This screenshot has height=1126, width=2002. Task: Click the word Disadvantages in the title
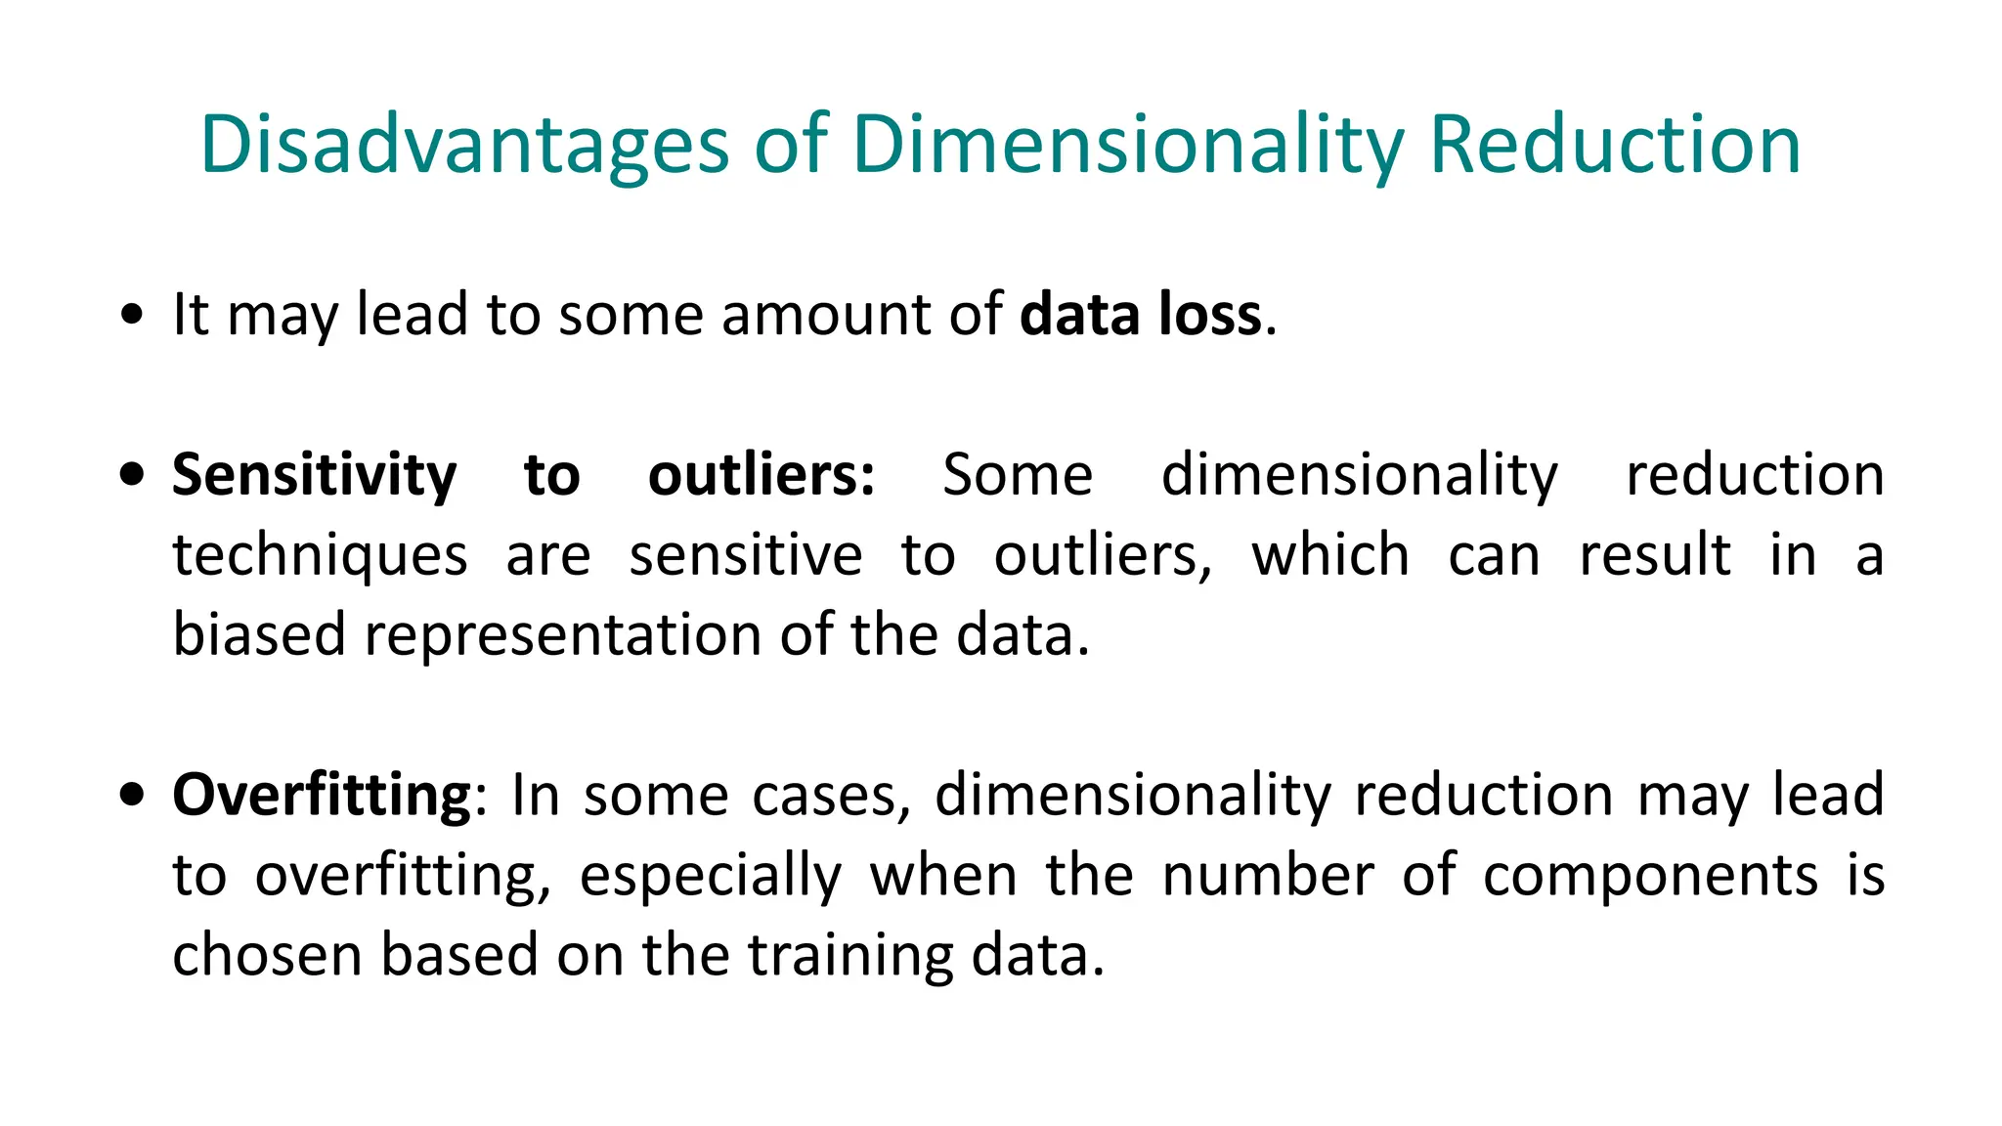click(x=463, y=145)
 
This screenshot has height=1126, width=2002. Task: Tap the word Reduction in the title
click(x=1615, y=145)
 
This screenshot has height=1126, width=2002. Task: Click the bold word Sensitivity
click(x=314, y=476)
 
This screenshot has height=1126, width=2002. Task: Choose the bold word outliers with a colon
click(x=762, y=476)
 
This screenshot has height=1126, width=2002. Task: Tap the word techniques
click(x=320, y=556)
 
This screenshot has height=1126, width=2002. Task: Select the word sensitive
click(x=745, y=556)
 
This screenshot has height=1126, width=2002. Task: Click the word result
click(x=1655, y=556)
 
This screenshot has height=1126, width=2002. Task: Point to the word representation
click(x=563, y=635)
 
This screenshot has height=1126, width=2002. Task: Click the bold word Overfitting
click(x=322, y=796)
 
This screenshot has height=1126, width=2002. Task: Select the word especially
click(x=710, y=876)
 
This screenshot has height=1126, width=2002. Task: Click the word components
click(x=1650, y=876)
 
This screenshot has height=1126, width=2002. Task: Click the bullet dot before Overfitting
click(x=132, y=794)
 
